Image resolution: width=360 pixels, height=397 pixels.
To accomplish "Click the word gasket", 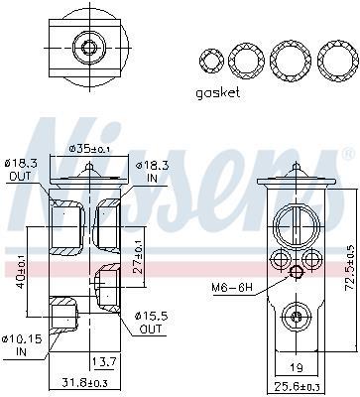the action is [x=217, y=93].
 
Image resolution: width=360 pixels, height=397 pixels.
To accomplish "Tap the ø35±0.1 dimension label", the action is [x=89, y=149].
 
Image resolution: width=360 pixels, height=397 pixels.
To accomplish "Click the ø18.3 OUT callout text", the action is [x=20, y=169].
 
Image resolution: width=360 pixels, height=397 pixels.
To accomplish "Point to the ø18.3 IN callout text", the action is [x=153, y=172].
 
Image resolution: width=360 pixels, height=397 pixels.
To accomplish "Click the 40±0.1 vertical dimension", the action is [x=20, y=271].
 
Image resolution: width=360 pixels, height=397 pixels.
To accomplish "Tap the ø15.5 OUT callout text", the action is [x=151, y=323].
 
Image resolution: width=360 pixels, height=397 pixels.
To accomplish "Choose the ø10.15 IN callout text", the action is [x=22, y=344].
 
